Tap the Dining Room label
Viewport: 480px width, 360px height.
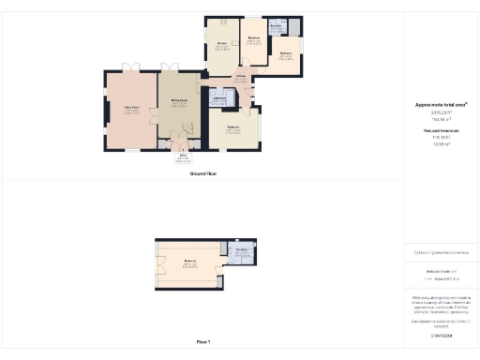pos(177,100)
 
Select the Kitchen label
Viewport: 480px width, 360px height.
pos(222,43)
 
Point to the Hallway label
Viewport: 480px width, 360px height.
pos(240,78)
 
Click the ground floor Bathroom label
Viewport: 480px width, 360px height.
pos(220,97)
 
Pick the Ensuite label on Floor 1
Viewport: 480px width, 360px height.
pos(241,249)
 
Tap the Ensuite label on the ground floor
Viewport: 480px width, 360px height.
pos(277,28)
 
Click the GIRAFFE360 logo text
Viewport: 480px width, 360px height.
pos(441,336)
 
